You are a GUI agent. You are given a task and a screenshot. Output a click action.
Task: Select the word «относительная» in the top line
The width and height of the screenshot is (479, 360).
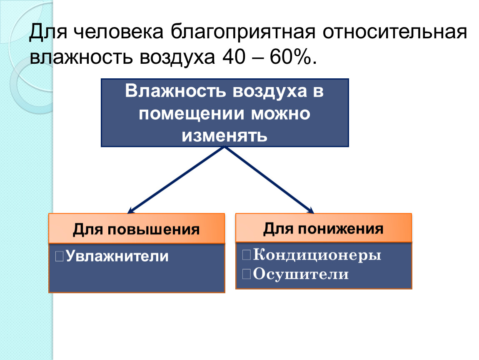(x=395, y=32)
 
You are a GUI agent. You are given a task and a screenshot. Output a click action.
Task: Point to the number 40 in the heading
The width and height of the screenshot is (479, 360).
(x=234, y=57)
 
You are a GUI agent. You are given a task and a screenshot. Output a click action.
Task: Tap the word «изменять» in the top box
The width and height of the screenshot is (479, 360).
(x=225, y=136)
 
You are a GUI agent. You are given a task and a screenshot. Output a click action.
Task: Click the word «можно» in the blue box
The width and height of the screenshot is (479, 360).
(x=280, y=114)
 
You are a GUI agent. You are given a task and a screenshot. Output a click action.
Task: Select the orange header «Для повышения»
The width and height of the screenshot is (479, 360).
(x=137, y=228)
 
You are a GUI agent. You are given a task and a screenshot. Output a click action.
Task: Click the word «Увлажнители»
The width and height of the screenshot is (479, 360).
(x=117, y=256)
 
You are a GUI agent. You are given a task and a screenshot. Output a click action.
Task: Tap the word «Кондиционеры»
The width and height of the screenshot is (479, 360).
(x=317, y=255)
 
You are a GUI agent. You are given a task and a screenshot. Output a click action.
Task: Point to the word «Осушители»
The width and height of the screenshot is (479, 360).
(x=301, y=274)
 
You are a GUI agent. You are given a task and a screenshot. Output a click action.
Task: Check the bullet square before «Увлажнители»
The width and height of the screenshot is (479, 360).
(x=59, y=256)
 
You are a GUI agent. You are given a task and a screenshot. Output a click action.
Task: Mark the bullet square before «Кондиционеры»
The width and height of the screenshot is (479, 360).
(x=246, y=255)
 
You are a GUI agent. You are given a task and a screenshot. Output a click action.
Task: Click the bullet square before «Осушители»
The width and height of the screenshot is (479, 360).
(x=246, y=274)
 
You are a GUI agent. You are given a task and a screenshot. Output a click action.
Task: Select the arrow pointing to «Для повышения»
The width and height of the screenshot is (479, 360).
(x=176, y=180)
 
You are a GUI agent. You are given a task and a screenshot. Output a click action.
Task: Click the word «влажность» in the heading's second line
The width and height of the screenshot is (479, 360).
(x=81, y=57)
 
